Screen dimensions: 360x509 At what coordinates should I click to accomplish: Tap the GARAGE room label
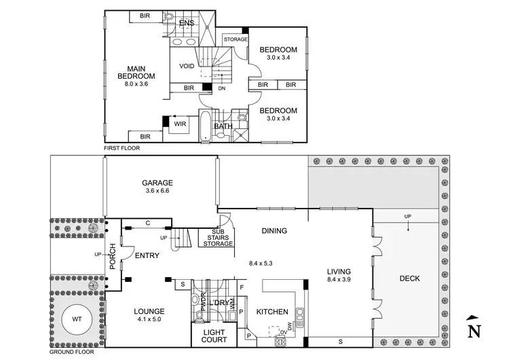(157, 183)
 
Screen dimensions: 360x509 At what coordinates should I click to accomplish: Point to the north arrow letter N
(475, 331)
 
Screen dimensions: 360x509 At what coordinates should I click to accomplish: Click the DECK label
(409, 277)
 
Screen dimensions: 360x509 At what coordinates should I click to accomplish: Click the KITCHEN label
(273, 312)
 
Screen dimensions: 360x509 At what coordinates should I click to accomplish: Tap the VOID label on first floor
(187, 66)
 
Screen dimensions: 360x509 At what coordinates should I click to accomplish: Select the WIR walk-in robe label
(180, 124)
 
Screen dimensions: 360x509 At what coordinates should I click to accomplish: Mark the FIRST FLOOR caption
(120, 147)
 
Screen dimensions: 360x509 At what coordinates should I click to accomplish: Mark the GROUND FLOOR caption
(71, 353)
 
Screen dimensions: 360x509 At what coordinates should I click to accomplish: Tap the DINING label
(274, 231)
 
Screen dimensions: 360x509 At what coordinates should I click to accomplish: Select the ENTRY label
(147, 255)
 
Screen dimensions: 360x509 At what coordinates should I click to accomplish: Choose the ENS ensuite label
(186, 23)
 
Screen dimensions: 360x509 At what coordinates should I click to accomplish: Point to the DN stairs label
(221, 88)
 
